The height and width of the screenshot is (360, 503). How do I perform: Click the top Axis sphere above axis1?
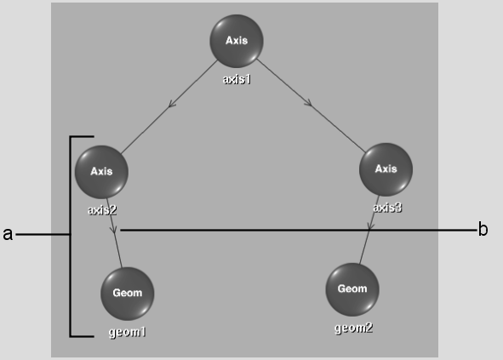click(x=237, y=41)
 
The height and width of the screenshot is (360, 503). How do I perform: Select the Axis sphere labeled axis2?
click(x=101, y=172)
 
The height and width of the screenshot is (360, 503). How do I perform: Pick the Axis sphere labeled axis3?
click(x=386, y=169)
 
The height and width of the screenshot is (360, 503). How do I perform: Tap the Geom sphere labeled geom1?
click(x=128, y=294)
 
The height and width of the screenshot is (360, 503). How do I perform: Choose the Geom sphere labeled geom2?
click(x=352, y=289)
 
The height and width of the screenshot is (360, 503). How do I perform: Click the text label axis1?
click(x=237, y=79)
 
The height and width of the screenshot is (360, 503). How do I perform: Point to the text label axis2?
click(x=102, y=210)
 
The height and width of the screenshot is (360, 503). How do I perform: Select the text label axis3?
click(x=387, y=208)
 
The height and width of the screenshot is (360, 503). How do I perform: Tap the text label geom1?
click(x=128, y=332)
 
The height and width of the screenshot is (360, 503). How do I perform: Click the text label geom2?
click(x=353, y=328)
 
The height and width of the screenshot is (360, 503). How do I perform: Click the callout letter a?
click(x=8, y=234)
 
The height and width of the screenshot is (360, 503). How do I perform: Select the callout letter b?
click(x=483, y=229)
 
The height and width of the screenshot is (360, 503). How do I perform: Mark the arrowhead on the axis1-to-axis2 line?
click(x=172, y=104)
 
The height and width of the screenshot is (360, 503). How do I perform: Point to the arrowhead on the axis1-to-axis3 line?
click(x=308, y=103)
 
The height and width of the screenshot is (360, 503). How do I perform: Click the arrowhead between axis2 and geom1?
click(x=113, y=229)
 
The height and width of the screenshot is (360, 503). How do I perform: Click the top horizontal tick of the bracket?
click(x=82, y=137)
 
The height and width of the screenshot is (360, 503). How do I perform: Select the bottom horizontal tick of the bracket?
click(x=82, y=336)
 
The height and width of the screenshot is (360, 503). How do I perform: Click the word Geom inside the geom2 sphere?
click(x=352, y=289)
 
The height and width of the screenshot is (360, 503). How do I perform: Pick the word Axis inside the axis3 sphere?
click(x=386, y=169)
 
